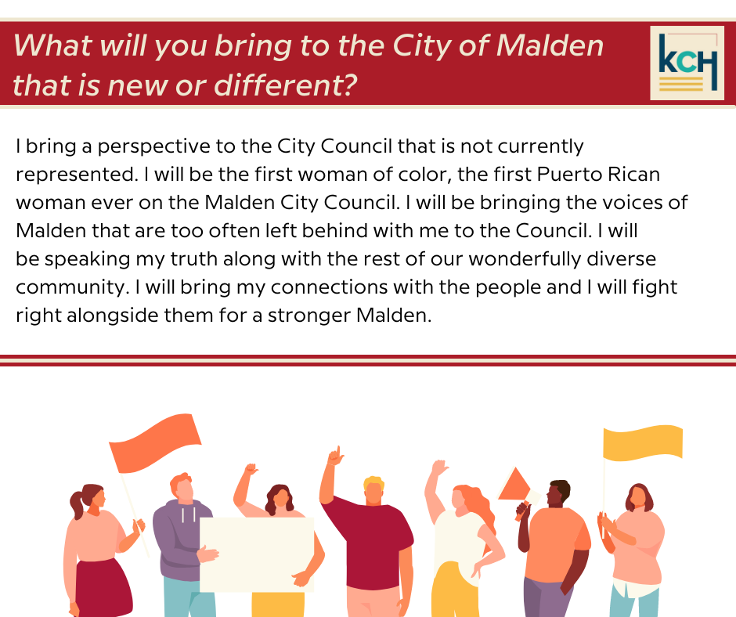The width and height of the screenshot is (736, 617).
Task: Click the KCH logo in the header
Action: (687, 63)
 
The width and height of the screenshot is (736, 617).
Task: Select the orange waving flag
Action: (155, 443)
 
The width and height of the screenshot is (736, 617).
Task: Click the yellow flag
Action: (643, 442)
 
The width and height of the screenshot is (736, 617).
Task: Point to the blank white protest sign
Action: (257, 554)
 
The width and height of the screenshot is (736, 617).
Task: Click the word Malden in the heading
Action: (550, 45)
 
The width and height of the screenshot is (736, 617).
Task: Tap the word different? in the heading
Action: (285, 85)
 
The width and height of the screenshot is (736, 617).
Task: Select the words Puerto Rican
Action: (598, 174)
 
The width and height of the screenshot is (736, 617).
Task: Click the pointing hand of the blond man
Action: (336, 456)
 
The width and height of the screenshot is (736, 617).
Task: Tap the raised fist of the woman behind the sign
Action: (251, 468)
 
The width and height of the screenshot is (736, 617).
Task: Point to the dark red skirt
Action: (103, 588)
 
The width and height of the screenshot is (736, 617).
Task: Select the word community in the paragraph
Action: (70, 287)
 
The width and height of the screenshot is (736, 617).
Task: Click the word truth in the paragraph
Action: (193, 258)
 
